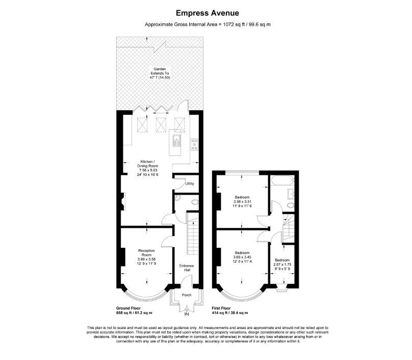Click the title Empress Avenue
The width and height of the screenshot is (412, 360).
point(208,13)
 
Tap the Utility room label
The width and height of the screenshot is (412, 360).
point(190,184)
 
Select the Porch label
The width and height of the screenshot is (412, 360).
point(187,295)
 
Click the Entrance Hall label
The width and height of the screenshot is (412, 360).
point(187,268)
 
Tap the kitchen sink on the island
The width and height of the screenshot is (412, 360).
point(176,141)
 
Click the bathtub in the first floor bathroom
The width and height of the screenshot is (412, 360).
point(282,181)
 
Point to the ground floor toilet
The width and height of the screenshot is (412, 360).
point(195,202)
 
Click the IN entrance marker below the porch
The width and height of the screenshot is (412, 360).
point(187,314)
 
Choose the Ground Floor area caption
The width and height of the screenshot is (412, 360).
point(134,311)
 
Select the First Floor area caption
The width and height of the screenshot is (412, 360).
point(229,311)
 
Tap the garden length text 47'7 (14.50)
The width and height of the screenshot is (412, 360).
point(160,78)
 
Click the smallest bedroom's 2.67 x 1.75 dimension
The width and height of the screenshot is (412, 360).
point(282,264)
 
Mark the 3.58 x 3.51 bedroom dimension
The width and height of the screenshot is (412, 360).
point(242,201)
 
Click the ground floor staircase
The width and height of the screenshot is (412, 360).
point(193,234)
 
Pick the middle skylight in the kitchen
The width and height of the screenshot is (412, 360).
point(161,124)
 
